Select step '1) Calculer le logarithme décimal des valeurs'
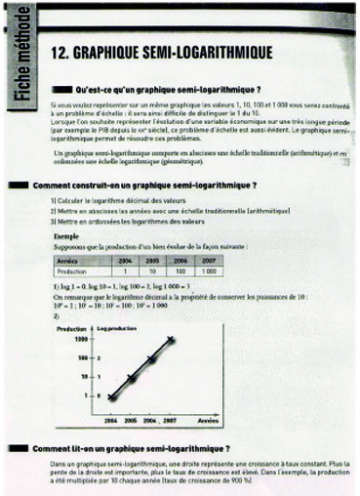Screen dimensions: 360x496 point(112,200)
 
